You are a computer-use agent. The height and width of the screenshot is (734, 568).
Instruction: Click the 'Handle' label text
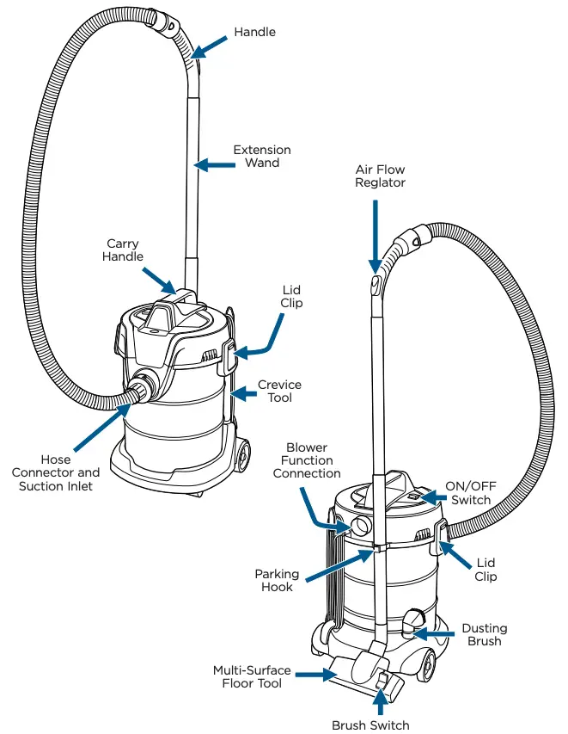tap(255, 32)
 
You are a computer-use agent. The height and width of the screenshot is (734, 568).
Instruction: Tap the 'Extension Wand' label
tap(262, 156)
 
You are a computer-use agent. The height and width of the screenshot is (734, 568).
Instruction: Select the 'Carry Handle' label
tap(123, 250)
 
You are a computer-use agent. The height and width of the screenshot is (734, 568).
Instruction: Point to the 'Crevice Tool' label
tap(279, 392)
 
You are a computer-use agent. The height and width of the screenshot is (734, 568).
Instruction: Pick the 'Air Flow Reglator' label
tap(381, 176)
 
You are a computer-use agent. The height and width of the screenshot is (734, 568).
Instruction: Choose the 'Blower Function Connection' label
tap(314, 460)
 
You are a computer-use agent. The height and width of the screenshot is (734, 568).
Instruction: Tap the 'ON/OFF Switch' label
tap(471, 493)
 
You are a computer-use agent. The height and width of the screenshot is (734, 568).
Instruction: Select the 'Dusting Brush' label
tap(485, 635)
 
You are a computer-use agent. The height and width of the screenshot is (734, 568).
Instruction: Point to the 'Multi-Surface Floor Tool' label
tap(252, 677)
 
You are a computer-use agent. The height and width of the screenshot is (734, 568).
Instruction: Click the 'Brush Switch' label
tap(371, 725)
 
